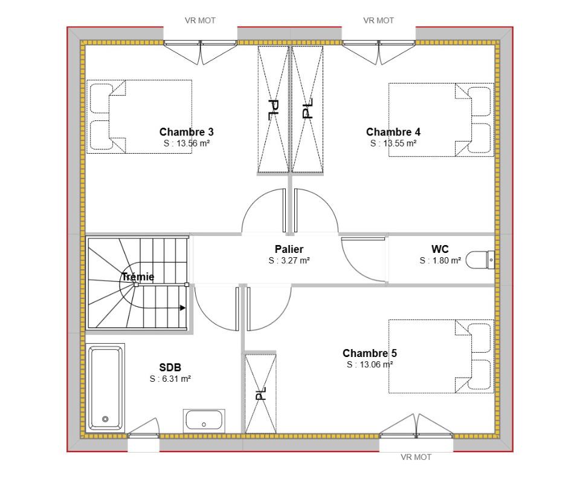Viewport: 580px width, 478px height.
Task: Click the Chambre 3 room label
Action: tap(187, 132)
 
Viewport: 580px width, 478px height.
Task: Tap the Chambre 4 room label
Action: tap(393, 132)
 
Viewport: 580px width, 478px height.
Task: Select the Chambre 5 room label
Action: tap(370, 353)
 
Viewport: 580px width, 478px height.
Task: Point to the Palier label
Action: tap(289, 249)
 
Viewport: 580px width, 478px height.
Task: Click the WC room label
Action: tap(440, 249)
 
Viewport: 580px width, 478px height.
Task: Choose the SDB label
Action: tap(170, 367)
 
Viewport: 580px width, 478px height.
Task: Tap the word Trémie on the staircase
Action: tap(138, 277)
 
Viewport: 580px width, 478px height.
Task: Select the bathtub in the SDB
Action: tap(105, 388)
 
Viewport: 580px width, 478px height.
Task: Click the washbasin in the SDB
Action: tap(204, 421)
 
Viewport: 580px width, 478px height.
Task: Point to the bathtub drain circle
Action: tap(105, 419)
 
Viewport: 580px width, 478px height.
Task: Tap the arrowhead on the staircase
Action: tap(182, 307)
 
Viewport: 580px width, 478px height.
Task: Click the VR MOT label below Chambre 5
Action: tap(416, 457)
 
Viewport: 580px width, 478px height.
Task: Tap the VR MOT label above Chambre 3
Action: tap(200, 21)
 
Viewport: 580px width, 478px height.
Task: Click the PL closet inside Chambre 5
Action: tap(260, 393)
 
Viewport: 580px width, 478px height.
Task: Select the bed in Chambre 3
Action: tap(139, 116)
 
